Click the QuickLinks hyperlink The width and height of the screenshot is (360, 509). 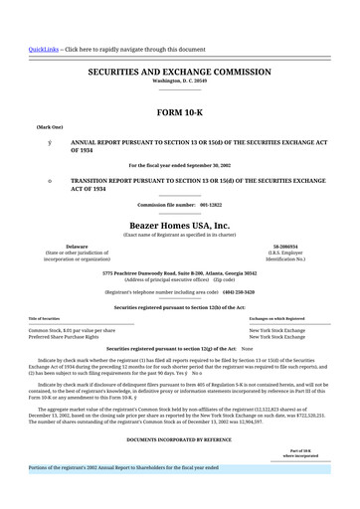tap(43, 49)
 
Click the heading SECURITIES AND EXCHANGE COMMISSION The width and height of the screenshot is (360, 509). tap(179, 73)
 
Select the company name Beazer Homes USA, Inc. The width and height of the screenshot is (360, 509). tap(179, 226)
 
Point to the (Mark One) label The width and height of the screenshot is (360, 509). tap(50, 128)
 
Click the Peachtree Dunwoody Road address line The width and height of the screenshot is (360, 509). tap(179, 272)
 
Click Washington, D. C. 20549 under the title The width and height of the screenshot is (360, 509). tap(179, 81)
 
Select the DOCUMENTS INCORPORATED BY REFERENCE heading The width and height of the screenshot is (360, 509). tap(179, 438)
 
